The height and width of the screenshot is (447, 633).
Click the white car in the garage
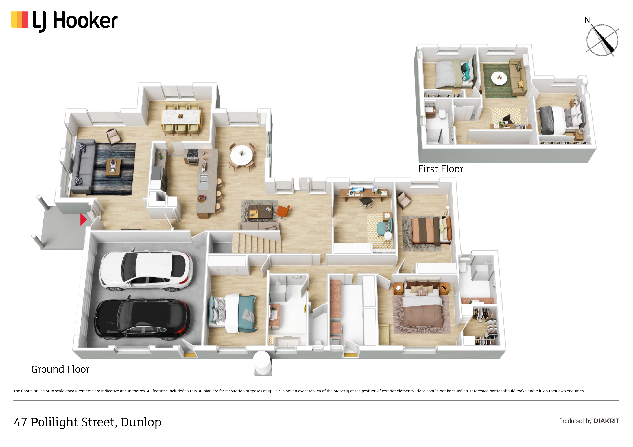pyautogui.click(x=146, y=270)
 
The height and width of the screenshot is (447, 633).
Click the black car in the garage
pyautogui.click(x=142, y=318)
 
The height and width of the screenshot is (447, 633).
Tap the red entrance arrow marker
pyautogui.click(x=83, y=220)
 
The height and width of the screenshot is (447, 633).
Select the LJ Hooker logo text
pyautogui.click(x=75, y=21)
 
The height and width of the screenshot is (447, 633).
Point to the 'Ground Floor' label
pyautogui.click(x=60, y=369)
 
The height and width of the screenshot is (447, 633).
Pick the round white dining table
pyautogui.click(x=241, y=155)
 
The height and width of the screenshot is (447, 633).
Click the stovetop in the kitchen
pyautogui.click(x=193, y=153)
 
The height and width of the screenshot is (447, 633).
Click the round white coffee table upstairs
pyautogui.click(x=499, y=78)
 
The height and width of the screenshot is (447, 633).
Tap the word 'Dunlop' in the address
pyautogui.click(x=141, y=422)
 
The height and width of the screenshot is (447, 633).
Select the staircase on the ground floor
pyautogui.click(x=256, y=243)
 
